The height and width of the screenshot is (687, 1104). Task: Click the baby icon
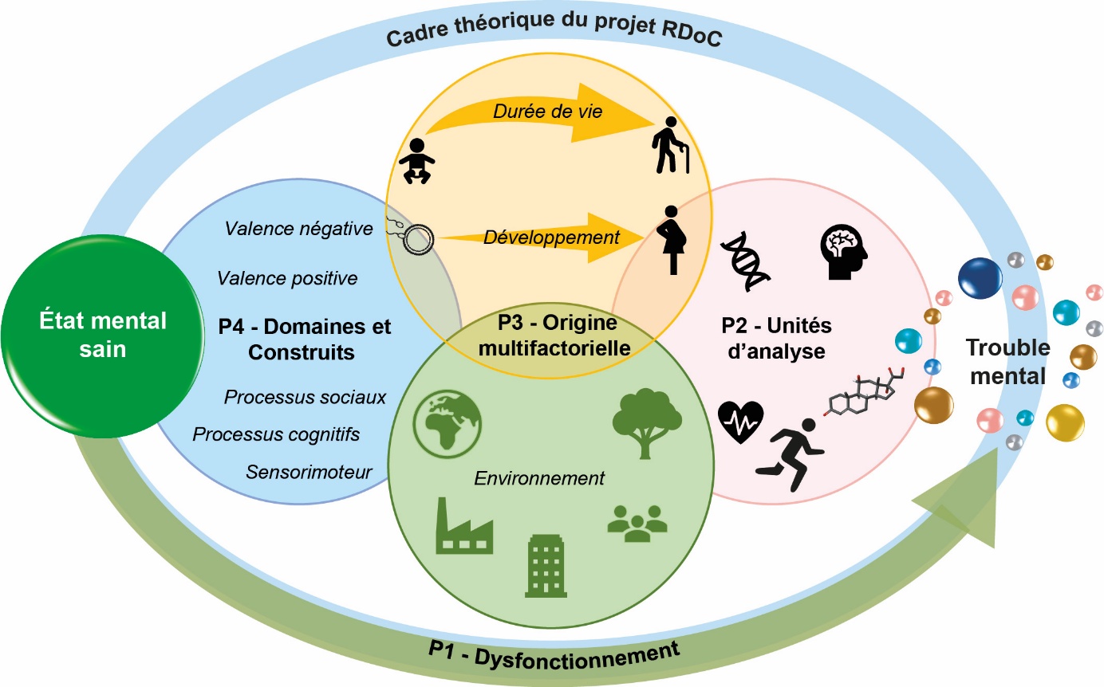tap(418, 161)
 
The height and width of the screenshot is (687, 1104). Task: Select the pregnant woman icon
tap(670, 240)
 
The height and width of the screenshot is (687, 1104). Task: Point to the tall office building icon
tap(546, 565)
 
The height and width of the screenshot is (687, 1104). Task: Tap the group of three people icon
tap(636, 523)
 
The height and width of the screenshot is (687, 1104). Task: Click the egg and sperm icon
tap(412, 235)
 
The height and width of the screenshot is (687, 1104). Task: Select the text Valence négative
tap(298, 229)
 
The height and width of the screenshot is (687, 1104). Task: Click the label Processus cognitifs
tap(276, 434)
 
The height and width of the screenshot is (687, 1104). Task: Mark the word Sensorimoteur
tap(309, 472)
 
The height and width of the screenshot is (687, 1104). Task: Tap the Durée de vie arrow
tap(542, 112)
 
